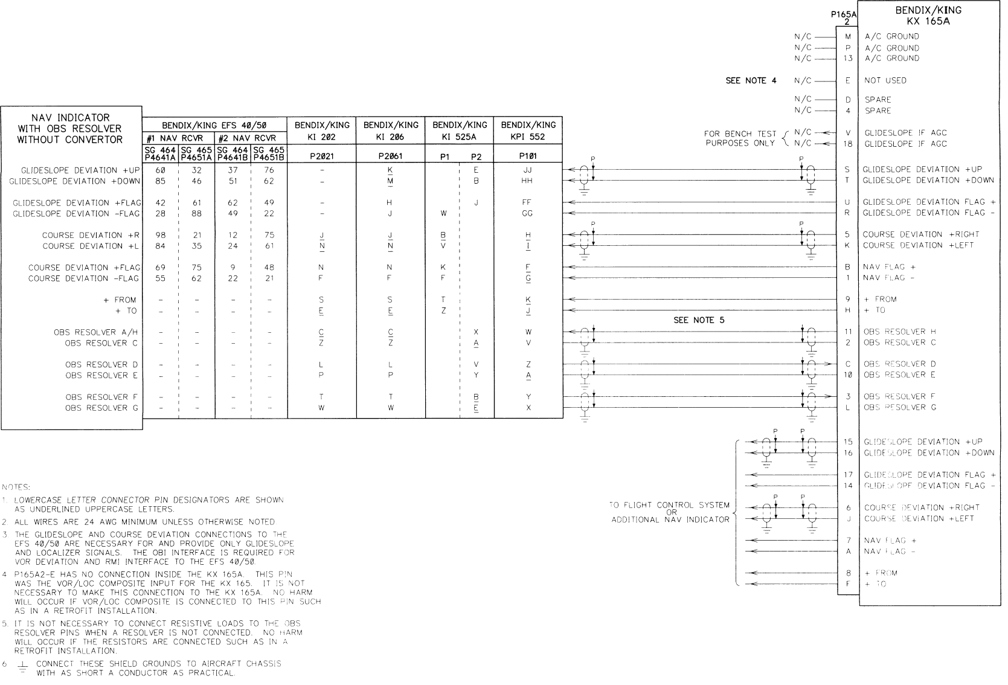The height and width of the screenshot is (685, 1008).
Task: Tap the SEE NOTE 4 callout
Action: point(751,80)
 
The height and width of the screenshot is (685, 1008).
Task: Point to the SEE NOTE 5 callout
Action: point(699,320)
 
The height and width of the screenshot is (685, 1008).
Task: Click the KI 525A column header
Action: point(459,130)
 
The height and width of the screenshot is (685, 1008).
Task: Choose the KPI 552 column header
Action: point(528,130)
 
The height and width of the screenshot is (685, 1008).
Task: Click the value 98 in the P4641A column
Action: point(161,235)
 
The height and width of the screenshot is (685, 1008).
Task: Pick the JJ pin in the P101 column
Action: point(528,170)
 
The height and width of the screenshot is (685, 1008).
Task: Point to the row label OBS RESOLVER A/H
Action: point(97,332)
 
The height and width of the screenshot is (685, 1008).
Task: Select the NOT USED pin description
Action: point(885,80)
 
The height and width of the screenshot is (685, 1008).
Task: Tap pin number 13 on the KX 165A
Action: point(848,59)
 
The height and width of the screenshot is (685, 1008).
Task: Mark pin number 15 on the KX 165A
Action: point(848,442)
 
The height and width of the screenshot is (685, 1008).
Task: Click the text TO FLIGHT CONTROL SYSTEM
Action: point(670,505)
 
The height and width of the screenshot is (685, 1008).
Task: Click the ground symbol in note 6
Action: point(22,666)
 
